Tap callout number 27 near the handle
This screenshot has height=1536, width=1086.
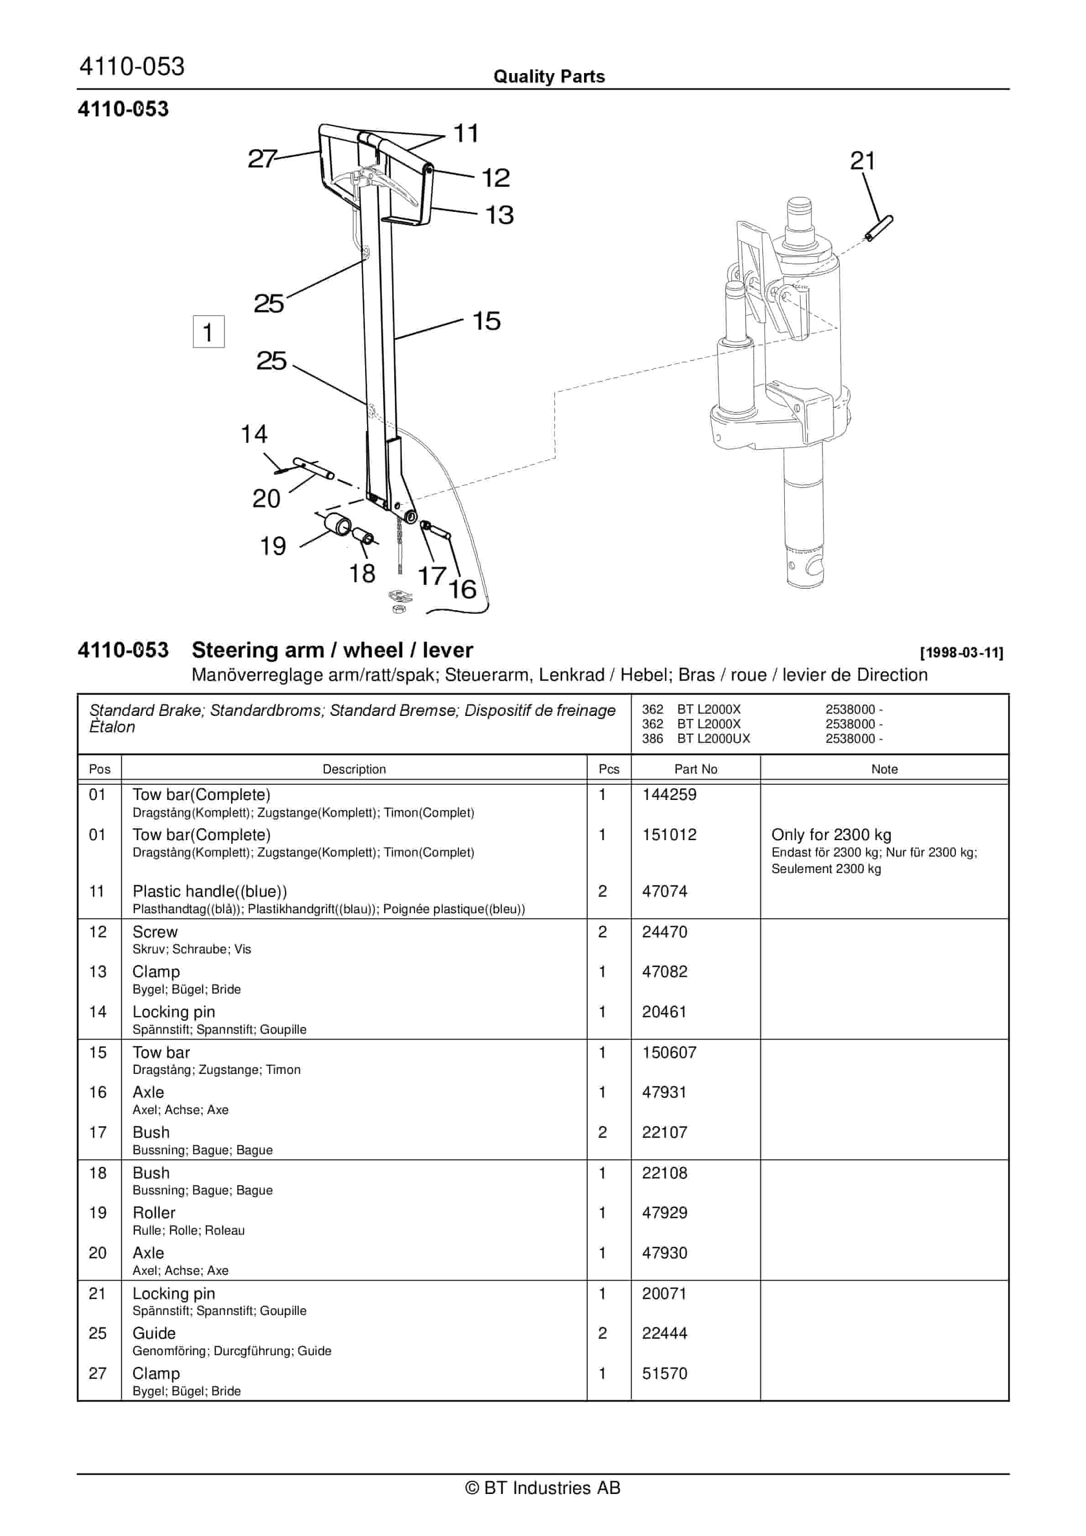coord(261,159)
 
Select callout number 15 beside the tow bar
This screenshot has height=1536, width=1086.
coord(486,321)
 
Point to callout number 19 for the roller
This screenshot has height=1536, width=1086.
coord(273,547)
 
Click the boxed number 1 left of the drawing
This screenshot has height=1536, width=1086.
coord(208,332)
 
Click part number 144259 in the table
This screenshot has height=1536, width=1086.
coord(669,795)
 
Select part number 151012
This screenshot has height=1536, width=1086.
coord(669,835)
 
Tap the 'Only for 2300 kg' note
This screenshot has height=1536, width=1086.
coord(830,835)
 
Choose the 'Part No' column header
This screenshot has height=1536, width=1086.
coord(695,769)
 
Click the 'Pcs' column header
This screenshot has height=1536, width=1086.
coord(609,769)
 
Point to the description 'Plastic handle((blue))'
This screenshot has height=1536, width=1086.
coord(210,892)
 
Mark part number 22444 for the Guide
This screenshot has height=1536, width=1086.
coord(664,1333)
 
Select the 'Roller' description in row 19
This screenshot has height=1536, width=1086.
coord(154,1213)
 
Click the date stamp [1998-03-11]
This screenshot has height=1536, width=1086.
coord(961,653)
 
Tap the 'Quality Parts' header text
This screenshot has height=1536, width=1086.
coord(549,77)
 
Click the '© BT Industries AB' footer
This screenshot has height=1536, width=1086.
coord(543,1489)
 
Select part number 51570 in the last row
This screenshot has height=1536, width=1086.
coord(664,1373)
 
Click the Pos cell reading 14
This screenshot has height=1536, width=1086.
coord(98,1012)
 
